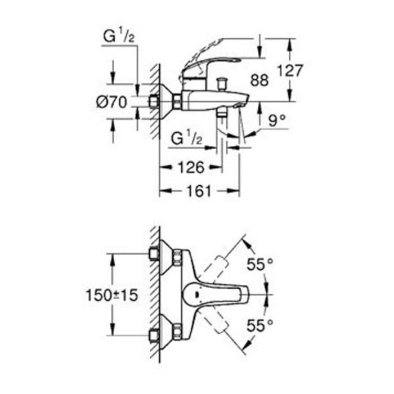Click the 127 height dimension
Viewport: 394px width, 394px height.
tap(290, 70)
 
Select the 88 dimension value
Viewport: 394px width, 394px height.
tap(259, 80)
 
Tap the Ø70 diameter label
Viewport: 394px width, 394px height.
tap(111, 102)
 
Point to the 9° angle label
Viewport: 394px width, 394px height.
tap(277, 120)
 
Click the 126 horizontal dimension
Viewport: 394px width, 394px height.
tap(191, 167)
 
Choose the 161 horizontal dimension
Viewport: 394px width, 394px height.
tap(199, 191)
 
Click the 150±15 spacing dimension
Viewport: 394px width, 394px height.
tap(112, 295)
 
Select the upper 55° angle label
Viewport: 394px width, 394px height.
tap(259, 264)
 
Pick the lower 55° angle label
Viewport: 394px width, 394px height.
tap(259, 326)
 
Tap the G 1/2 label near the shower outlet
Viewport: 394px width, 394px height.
tap(186, 138)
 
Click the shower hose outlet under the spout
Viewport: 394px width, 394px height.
tap(222, 113)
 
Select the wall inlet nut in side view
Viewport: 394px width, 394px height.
tap(153, 102)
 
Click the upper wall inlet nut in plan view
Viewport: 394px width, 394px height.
tap(154, 254)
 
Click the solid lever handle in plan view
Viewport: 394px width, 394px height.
tap(216, 294)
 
